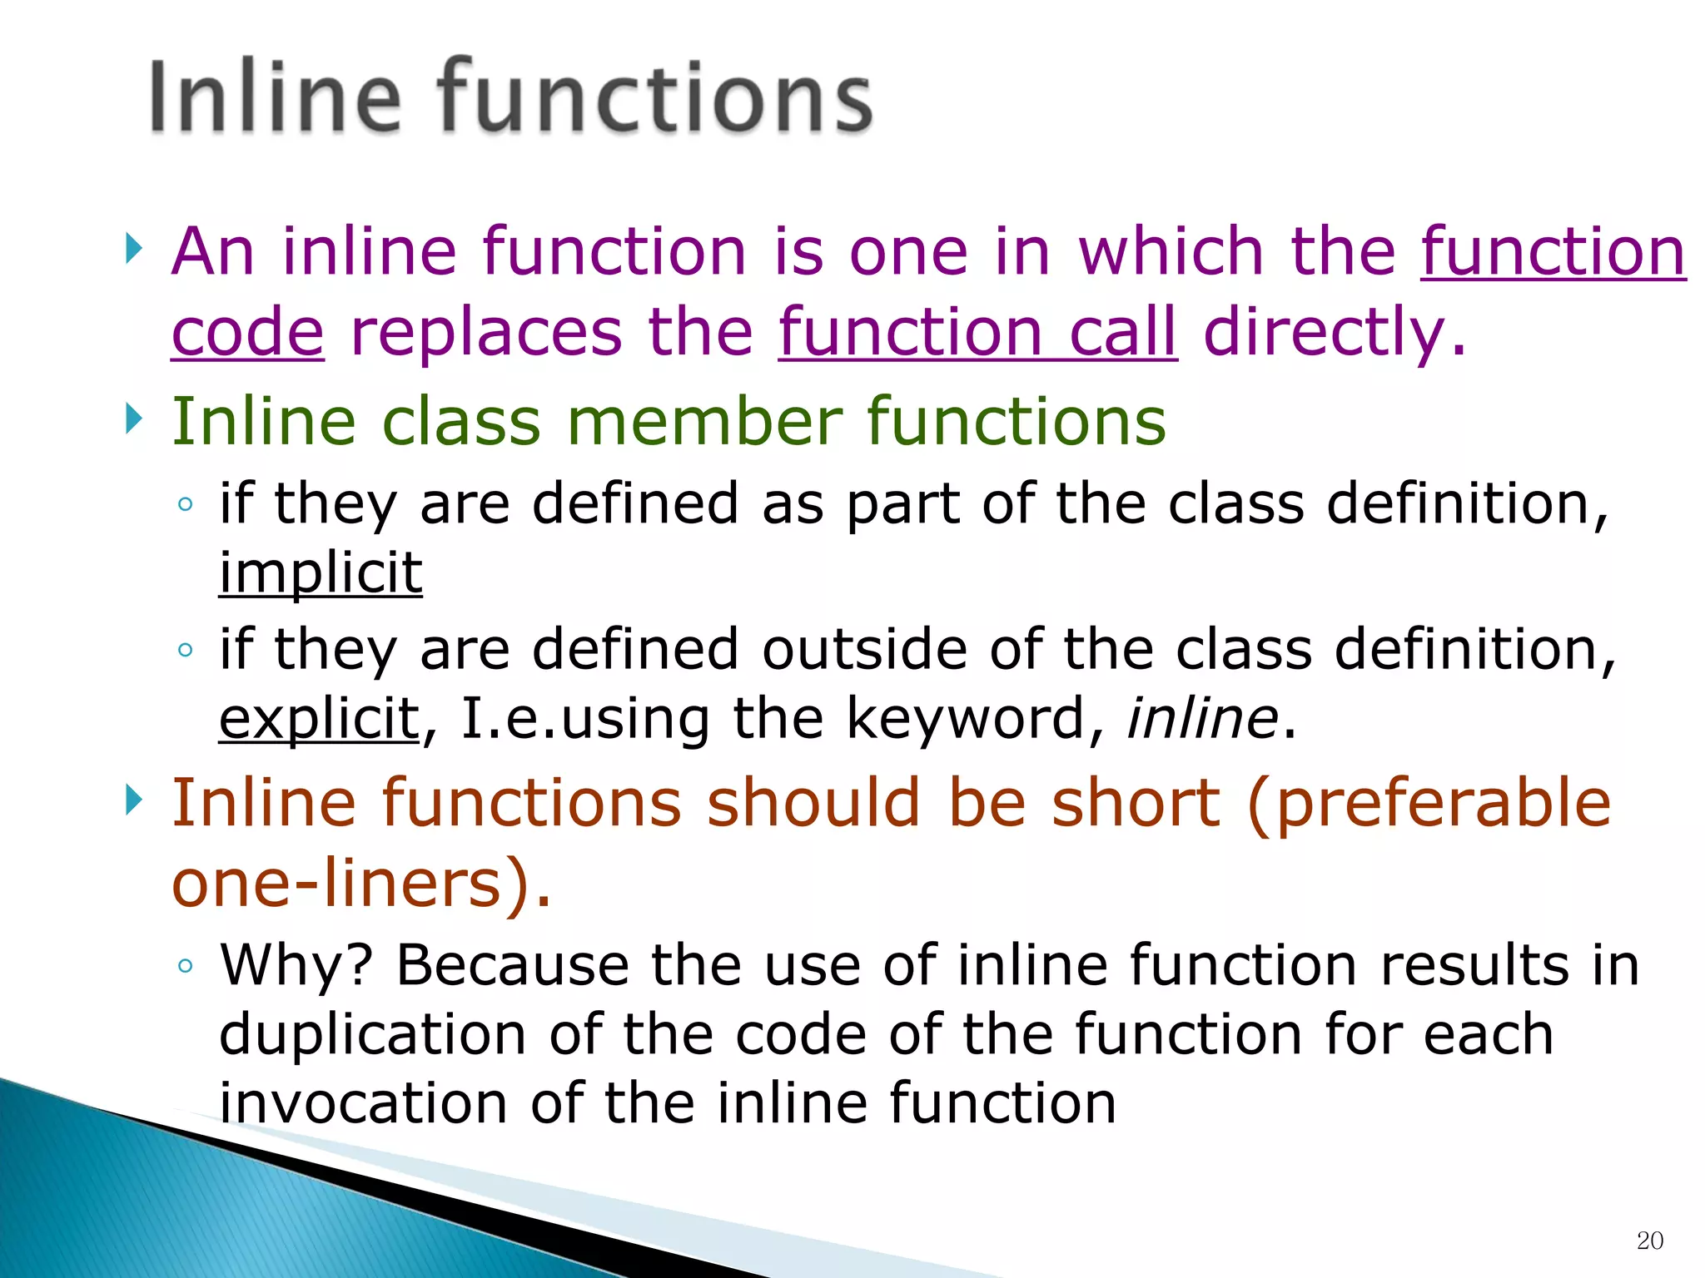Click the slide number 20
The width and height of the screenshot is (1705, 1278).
coord(1649,1241)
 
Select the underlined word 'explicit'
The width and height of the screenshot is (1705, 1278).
coord(319,718)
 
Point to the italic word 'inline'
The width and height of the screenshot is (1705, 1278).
coord(1202,718)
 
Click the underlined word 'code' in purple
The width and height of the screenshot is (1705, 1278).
coord(247,332)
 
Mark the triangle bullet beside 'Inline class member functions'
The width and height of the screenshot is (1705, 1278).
coord(133,419)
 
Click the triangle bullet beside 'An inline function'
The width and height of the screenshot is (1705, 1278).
coord(133,248)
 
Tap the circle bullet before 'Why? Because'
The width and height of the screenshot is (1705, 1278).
coord(185,966)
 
